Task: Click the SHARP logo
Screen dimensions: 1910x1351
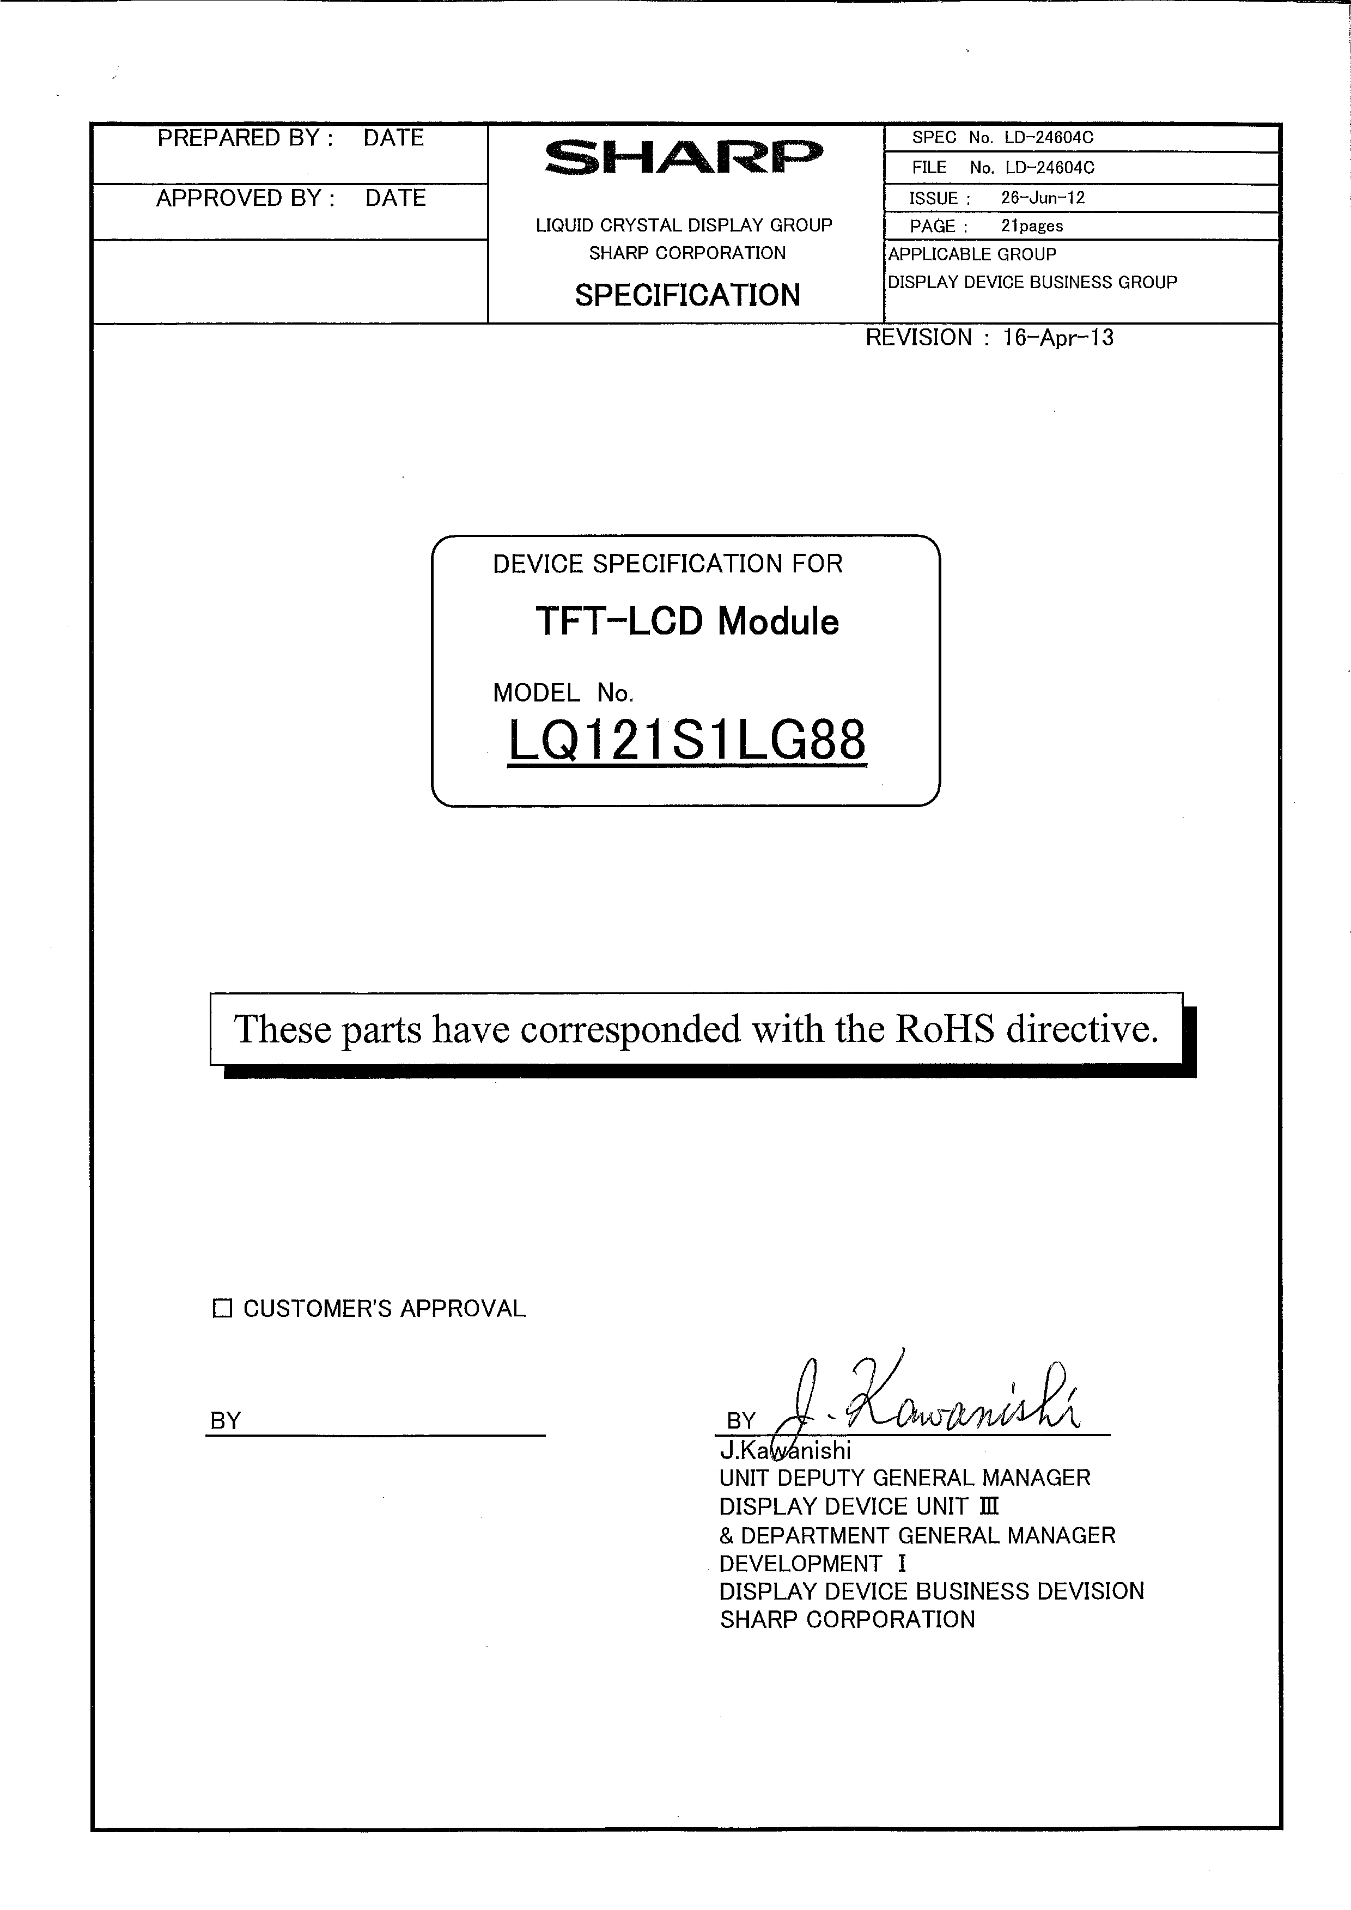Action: (x=684, y=157)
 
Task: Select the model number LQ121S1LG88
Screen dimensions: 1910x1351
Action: (x=686, y=740)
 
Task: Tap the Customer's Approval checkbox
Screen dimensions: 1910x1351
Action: (x=222, y=1309)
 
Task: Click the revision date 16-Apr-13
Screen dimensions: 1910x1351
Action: (x=1057, y=338)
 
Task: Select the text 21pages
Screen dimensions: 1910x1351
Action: (x=1032, y=226)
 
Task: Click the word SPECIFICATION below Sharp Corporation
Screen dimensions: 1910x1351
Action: (x=687, y=295)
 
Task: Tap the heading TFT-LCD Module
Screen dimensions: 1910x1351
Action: (x=686, y=621)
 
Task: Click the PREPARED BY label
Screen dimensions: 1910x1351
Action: (x=245, y=138)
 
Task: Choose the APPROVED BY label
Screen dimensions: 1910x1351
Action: (x=245, y=198)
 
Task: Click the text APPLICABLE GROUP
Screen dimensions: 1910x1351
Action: (x=972, y=254)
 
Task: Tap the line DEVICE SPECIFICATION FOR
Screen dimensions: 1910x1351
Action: (x=667, y=564)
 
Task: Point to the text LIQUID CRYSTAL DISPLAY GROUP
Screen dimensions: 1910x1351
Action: (x=684, y=225)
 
